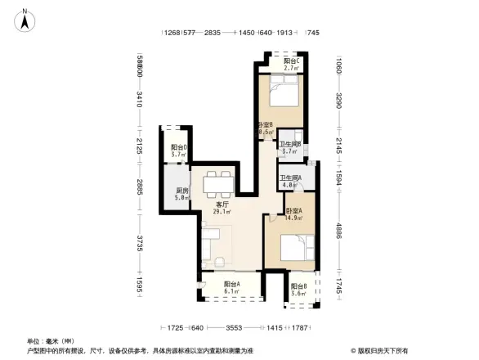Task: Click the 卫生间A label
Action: coord(291,182)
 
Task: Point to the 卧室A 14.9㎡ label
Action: coord(294,214)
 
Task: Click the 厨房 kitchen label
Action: coord(181,194)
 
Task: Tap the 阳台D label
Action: coord(179,151)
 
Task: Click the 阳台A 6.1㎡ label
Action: coord(232,286)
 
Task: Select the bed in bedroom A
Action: coord(295,248)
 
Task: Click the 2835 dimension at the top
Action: coord(213,33)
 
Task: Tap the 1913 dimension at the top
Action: coord(284,33)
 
